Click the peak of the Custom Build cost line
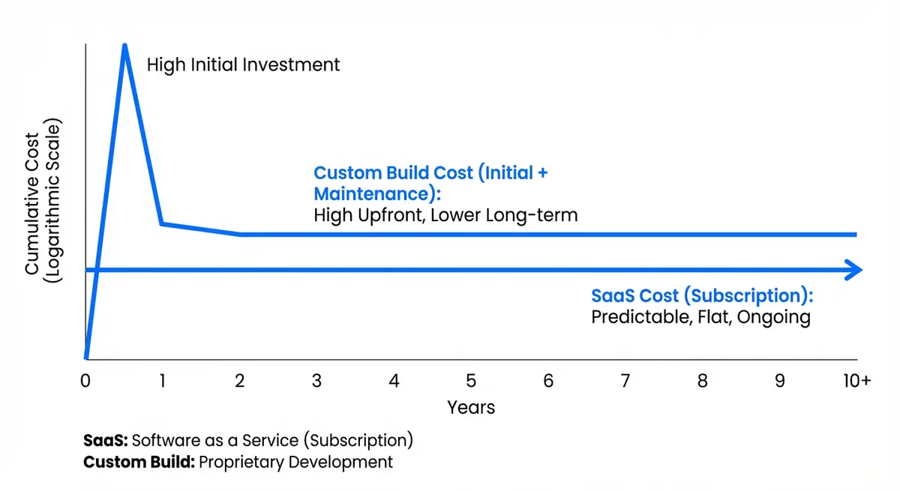coord(124,47)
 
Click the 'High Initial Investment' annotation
coord(243,65)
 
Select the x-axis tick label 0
coord(85,381)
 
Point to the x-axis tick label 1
coord(162,381)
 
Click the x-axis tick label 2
coord(240,381)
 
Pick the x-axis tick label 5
coord(471,381)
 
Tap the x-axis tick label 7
coord(625,381)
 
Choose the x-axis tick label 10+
coord(855,381)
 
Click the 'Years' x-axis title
coord(471,407)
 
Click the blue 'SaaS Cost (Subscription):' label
coord(702,295)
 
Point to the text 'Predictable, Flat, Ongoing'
coord(700,317)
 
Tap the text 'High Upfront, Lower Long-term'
coord(445,216)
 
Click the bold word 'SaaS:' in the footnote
coord(106,439)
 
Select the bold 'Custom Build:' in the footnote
coord(139,462)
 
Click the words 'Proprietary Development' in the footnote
coord(295,462)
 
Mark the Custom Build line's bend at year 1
coord(162,223)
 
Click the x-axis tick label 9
coord(780,381)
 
